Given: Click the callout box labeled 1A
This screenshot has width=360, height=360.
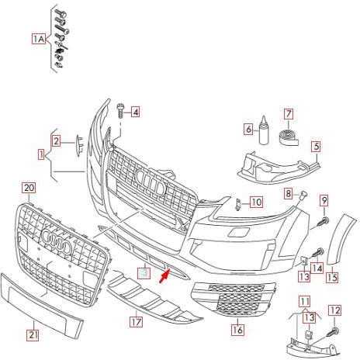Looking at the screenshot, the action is (x=39, y=39).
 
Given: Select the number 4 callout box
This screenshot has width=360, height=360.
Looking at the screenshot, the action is (x=135, y=112).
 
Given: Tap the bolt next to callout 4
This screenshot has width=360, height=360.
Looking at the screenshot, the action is (x=120, y=110).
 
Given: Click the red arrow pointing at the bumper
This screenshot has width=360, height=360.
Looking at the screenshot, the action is (x=164, y=275).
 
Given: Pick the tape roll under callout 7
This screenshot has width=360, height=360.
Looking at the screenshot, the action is (x=289, y=137).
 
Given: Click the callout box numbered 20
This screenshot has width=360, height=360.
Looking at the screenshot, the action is (x=29, y=188).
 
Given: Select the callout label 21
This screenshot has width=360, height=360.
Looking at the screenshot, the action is (x=33, y=335).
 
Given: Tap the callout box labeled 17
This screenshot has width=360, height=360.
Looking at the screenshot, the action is (x=136, y=322).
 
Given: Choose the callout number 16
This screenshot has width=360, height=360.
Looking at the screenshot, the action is (x=237, y=330).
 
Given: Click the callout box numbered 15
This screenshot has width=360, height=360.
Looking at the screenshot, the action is (x=332, y=277).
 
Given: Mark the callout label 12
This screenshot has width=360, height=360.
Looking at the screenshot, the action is (x=334, y=310).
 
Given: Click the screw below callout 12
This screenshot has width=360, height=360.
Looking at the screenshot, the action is (x=332, y=331).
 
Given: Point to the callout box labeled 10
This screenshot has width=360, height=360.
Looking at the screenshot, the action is (x=256, y=202).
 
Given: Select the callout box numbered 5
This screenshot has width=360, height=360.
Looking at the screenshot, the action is (x=317, y=147).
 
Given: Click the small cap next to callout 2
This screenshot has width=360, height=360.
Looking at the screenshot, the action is (x=79, y=145).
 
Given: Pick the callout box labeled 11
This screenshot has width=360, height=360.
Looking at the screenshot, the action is (x=305, y=302).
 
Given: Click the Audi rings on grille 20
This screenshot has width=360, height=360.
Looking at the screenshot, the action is (x=57, y=241).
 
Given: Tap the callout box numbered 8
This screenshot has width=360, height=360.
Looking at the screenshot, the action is (x=288, y=193).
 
